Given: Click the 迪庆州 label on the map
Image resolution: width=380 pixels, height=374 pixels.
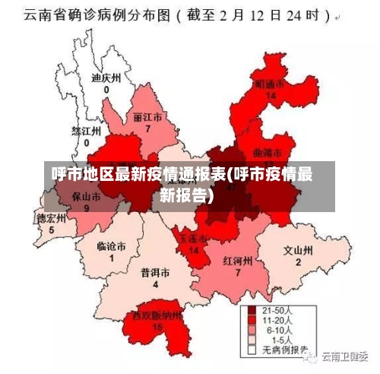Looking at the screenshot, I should [106, 78].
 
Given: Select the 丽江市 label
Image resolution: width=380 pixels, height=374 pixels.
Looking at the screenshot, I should [147, 119].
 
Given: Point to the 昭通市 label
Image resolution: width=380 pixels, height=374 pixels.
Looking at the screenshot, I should [270, 84].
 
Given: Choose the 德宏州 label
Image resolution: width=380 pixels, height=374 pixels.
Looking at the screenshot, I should [52, 217].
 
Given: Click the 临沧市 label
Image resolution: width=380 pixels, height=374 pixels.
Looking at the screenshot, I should [111, 246].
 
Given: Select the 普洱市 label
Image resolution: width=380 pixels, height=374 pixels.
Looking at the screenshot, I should [155, 272].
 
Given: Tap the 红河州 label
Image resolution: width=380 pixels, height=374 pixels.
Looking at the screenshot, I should [238, 259].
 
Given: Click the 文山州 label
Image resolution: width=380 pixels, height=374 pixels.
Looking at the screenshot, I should [298, 250].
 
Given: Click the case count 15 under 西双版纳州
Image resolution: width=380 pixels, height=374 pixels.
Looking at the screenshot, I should [157, 326].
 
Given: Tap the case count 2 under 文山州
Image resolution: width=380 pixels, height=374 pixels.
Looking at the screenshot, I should [298, 261].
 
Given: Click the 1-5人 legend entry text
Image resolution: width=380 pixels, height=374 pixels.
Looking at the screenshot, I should [277, 341].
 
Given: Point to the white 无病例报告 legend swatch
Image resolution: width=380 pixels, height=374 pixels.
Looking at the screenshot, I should [252, 351].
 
